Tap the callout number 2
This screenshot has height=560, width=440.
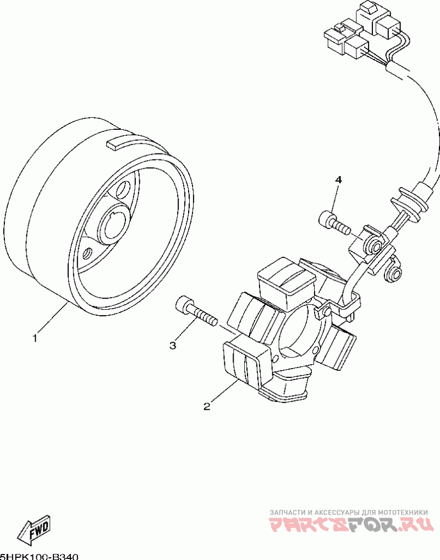(207, 407)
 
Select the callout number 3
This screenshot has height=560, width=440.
(173, 345)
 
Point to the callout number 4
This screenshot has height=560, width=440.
(339, 180)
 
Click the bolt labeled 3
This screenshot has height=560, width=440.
(195, 312)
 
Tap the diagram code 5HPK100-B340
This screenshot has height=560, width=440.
(40, 556)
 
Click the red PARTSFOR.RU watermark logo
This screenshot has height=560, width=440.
(352, 526)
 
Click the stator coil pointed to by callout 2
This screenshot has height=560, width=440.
(245, 364)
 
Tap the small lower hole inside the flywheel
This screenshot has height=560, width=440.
(86, 255)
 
